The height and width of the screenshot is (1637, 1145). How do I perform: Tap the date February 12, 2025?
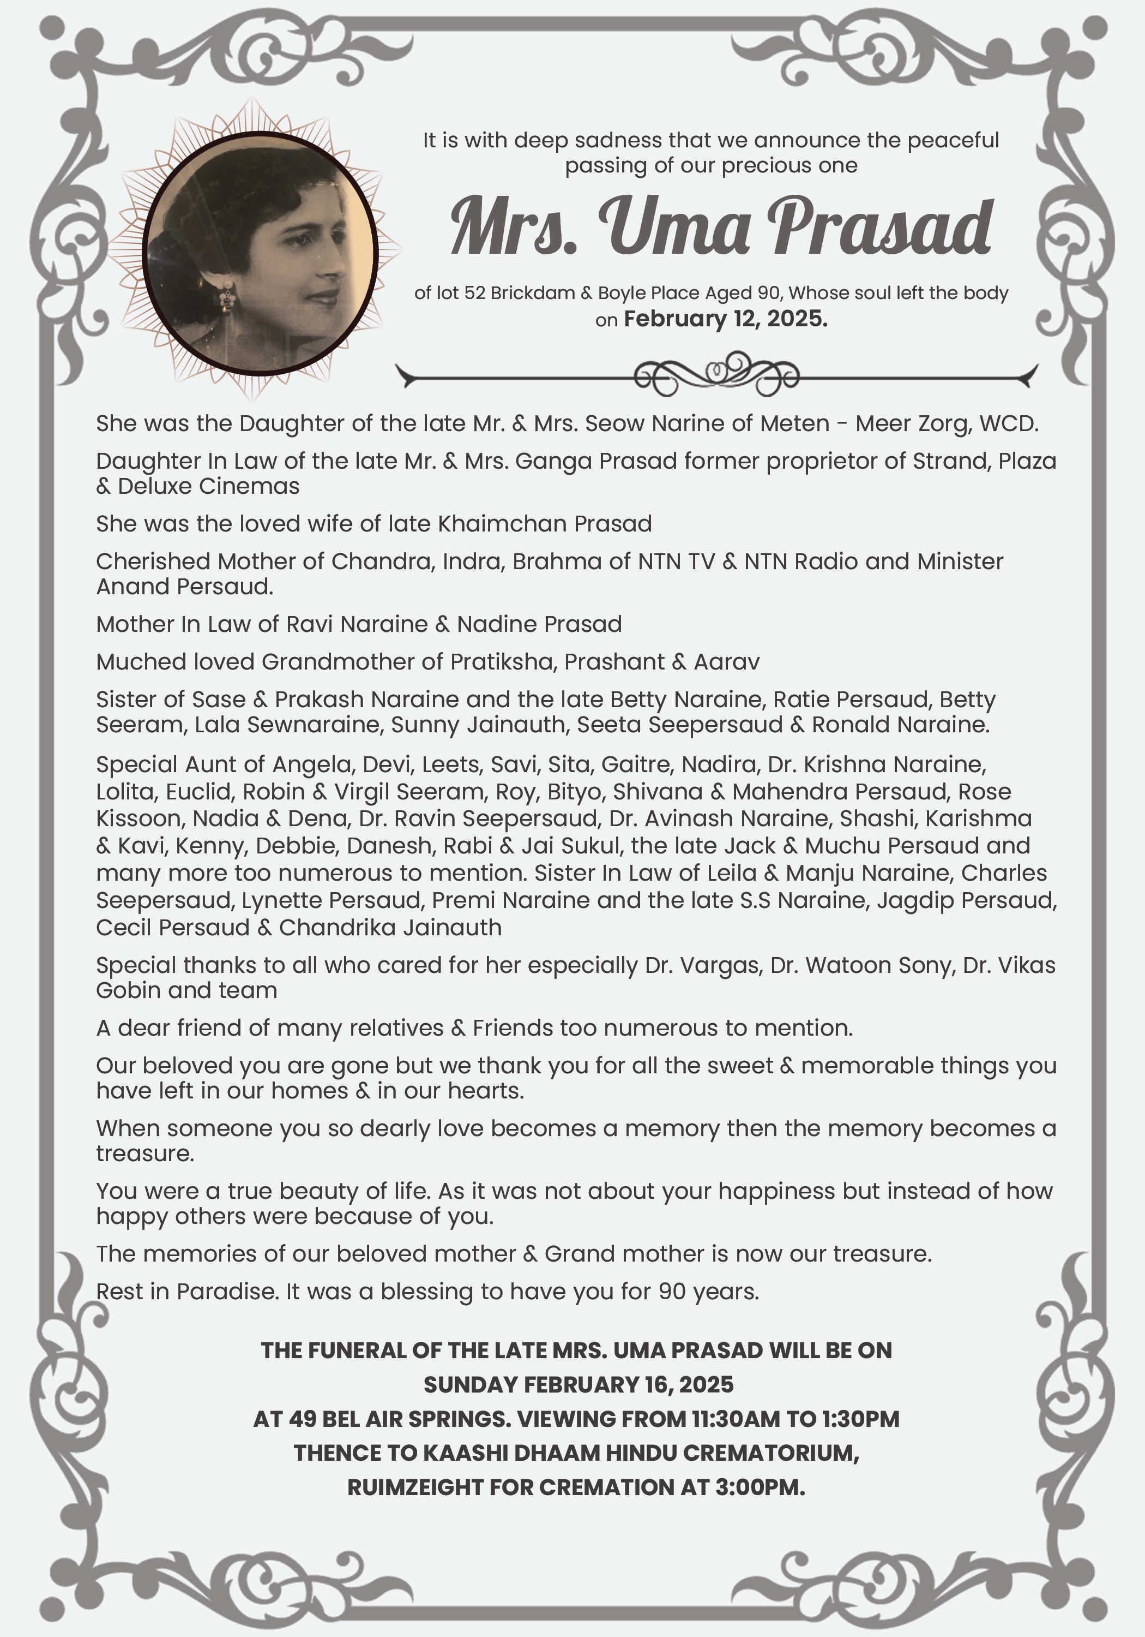[725, 319]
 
